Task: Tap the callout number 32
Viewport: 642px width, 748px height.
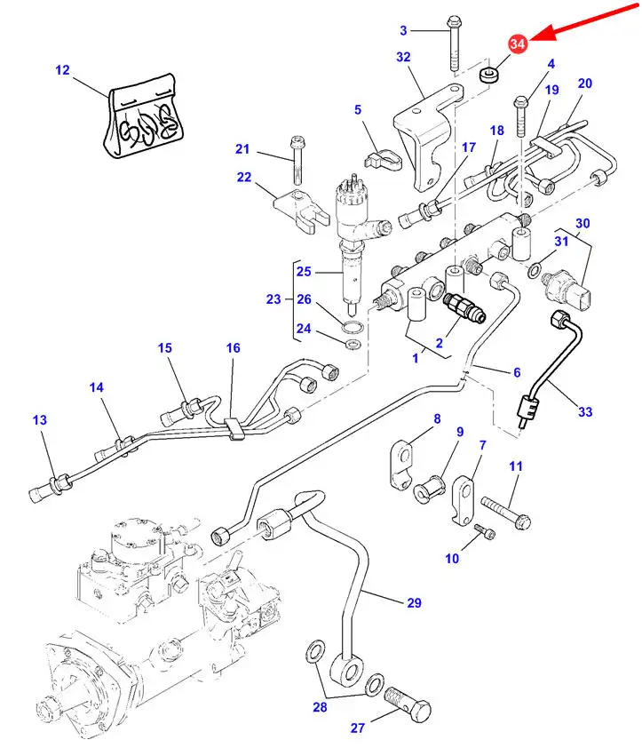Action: (x=404, y=57)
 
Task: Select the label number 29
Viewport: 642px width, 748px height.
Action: (x=414, y=603)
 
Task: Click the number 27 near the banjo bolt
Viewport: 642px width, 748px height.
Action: (x=358, y=728)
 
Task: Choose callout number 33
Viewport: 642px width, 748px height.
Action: (x=585, y=411)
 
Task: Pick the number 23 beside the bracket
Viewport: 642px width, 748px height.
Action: (x=273, y=299)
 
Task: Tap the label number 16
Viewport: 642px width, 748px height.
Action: (x=233, y=348)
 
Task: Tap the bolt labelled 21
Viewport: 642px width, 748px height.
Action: (x=297, y=159)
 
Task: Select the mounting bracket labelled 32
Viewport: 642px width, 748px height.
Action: (x=427, y=142)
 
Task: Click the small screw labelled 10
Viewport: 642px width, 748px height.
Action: (x=485, y=530)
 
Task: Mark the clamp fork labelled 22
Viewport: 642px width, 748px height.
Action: (x=295, y=211)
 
